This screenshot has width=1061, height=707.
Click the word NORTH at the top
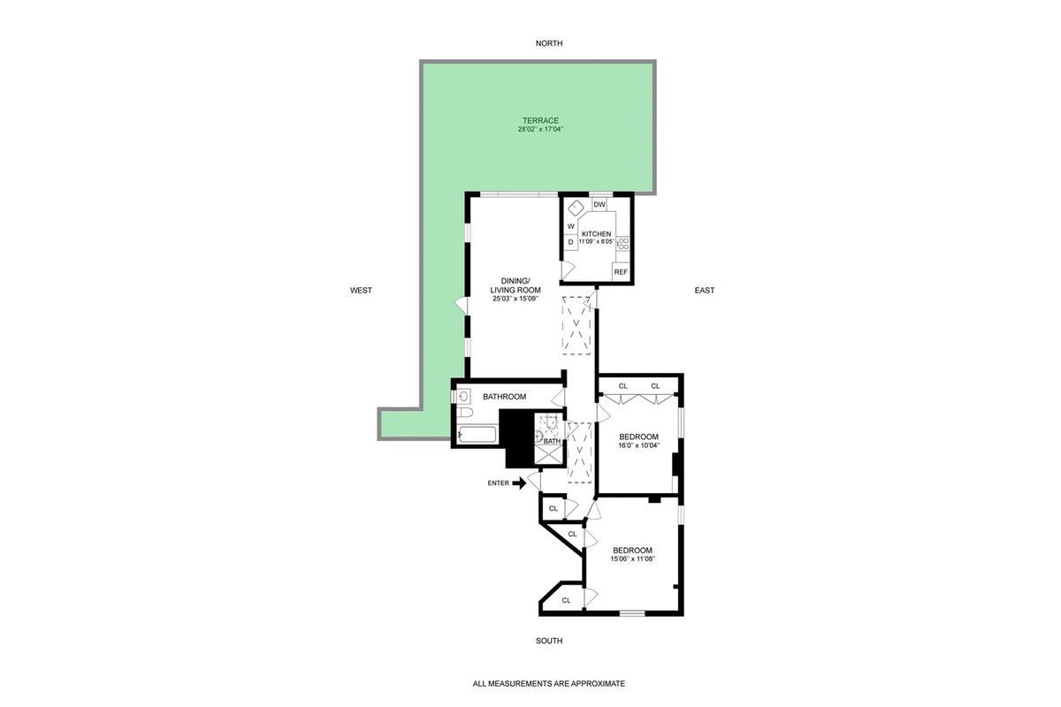click(x=548, y=43)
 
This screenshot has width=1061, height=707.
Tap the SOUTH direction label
click(x=548, y=641)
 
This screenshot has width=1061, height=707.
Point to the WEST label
click(x=361, y=290)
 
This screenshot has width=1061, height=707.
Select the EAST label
click(x=704, y=290)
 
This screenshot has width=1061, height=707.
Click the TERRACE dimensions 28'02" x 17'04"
click(x=540, y=130)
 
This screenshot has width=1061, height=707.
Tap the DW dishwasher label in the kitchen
click(x=599, y=205)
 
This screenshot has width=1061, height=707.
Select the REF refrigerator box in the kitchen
click(x=621, y=272)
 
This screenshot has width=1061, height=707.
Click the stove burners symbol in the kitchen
click(x=623, y=241)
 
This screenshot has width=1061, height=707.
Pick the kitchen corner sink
click(x=575, y=209)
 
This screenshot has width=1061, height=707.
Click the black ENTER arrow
click(x=519, y=483)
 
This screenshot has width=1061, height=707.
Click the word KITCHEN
click(x=596, y=234)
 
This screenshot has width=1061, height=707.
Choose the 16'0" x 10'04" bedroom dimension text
click(x=638, y=445)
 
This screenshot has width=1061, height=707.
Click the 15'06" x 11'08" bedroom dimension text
click(x=632, y=559)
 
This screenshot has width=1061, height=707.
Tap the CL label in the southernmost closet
click(x=566, y=600)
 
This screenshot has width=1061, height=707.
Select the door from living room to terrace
click(x=462, y=304)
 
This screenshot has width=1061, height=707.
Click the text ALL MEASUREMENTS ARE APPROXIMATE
click(x=548, y=683)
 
